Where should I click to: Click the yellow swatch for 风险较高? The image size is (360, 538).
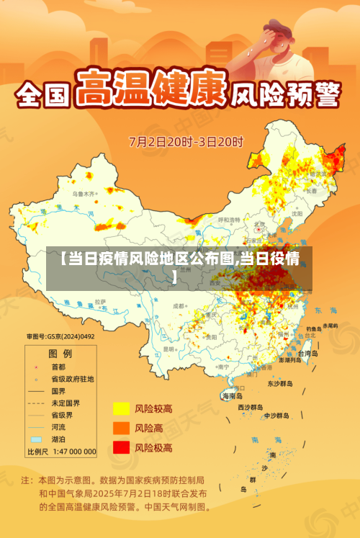click(121, 409)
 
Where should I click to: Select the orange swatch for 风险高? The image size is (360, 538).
click(121, 428)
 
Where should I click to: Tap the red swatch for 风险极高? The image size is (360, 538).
click(121, 447)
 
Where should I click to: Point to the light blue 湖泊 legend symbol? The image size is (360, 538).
click(36, 438)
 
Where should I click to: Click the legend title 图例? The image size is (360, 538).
click(60, 354)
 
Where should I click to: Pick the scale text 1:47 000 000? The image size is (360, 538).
click(71, 452)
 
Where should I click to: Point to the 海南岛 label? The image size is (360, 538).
click(233, 396)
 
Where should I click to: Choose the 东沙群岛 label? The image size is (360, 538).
click(280, 384)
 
